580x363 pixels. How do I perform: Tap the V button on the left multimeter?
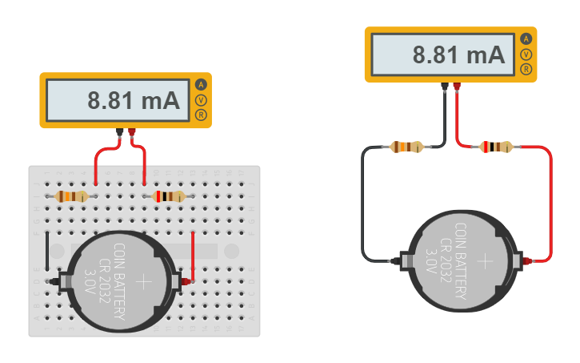click(x=201, y=100)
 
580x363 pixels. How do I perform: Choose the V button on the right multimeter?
click(x=526, y=54)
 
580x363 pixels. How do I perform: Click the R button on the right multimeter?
click(x=526, y=69)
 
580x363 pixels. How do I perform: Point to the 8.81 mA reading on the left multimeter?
click(x=134, y=101)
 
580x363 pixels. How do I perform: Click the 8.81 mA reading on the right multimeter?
click(x=458, y=54)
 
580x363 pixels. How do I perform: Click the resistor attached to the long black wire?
click(x=408, y=147)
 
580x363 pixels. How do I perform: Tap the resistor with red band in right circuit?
click(x=497, y=147)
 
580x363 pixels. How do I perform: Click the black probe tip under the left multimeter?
click(x=120, y=132)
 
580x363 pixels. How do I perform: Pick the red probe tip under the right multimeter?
click(x=457, y=87)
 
